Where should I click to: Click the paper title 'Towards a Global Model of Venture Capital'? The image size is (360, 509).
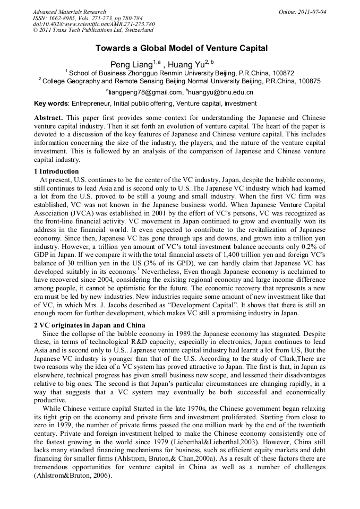(181, 48)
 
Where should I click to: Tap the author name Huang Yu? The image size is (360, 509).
(186, 65)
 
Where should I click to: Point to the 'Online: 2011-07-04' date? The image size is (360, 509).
(302, 12)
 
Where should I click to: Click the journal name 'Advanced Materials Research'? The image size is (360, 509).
(69, 12)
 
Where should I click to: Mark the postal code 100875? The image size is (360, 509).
(308, 82)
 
